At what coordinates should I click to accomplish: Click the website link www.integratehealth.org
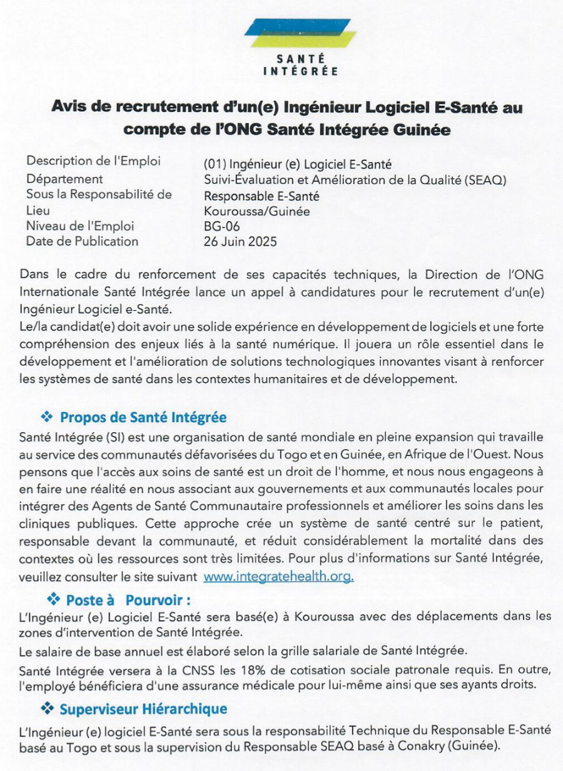tap(278, 576)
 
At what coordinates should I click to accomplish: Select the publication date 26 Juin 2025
tap(240, 241)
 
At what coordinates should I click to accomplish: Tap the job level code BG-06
tap(221, 226)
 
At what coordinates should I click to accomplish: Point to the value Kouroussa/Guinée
tap(256, 211)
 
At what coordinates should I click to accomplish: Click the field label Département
tap(64, 179)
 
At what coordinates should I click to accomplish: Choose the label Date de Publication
tap(82, 241)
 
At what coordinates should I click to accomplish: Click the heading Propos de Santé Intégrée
tap(143, 417)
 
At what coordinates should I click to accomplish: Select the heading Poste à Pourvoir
tap(128, 600)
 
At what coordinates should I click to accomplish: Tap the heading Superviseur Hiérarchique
tap(143, 709)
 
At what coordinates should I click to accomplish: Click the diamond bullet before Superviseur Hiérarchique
tap(46, 709)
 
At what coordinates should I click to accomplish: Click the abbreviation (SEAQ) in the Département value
tap(484, 180)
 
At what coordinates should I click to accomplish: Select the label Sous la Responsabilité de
tap(98, 194)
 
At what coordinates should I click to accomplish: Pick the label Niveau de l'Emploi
tap(79, 226)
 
